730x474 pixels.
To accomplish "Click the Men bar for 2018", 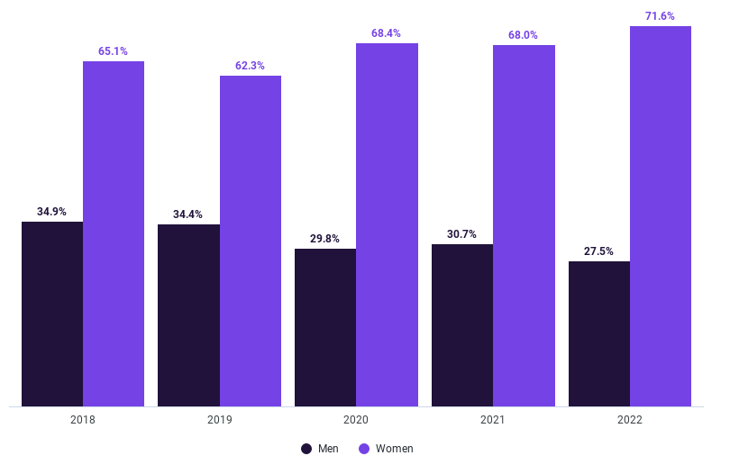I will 52,314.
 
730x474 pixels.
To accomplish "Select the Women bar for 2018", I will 114,233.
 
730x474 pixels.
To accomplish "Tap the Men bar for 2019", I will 188,315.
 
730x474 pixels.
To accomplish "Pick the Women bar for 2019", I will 251,241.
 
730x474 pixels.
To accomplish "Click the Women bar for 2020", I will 387,224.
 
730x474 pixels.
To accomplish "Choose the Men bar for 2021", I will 462,324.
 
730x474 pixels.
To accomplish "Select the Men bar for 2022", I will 599,333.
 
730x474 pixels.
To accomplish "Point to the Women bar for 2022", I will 661,216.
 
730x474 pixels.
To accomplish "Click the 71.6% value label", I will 660,16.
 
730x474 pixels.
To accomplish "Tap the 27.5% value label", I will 598,251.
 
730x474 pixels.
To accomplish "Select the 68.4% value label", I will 386,33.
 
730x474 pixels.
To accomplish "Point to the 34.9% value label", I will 51,212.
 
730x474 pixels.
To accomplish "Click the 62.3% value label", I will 250,66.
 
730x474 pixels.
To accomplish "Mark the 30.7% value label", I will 461,234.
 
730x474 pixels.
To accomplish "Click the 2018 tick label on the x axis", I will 83,420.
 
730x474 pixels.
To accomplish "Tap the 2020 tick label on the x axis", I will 356,420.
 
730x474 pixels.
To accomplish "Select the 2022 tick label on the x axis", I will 630,420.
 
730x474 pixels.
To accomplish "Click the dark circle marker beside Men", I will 306,449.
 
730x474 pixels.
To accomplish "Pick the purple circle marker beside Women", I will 364,449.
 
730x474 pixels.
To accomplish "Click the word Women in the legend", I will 394,449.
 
